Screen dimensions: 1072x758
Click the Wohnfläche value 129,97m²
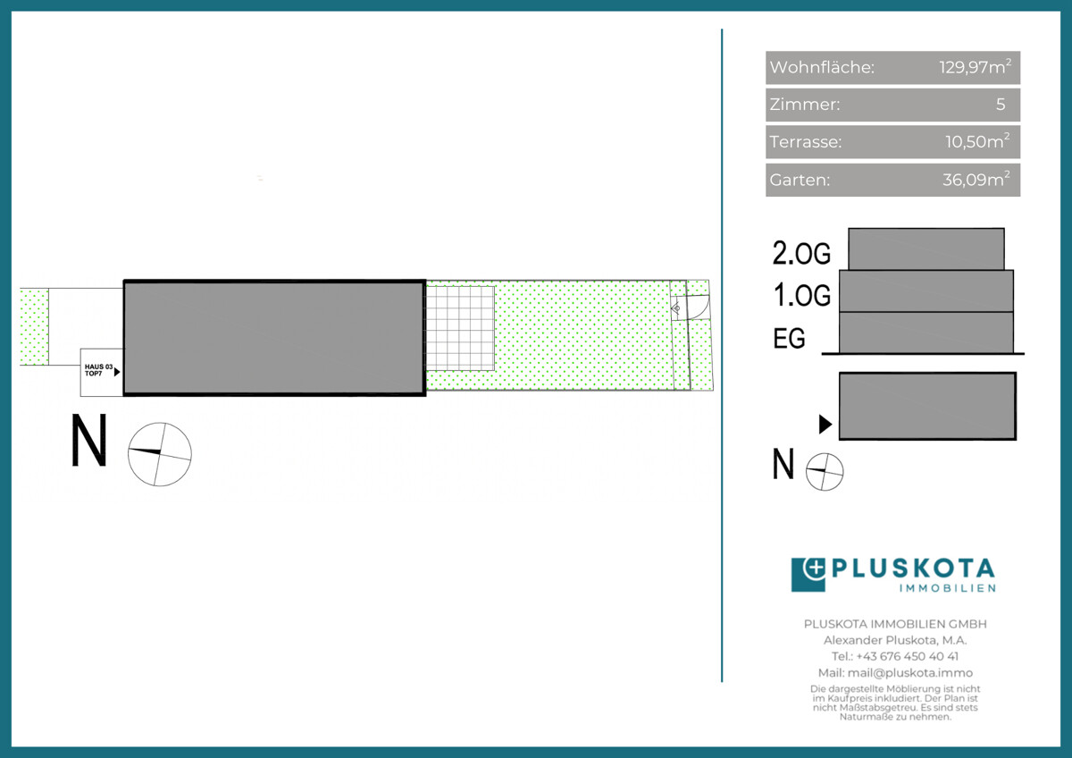click(x=975, y=66)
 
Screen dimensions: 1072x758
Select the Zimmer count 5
click(x=1001, y=104)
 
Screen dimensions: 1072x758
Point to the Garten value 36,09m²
click(x=976, y=179)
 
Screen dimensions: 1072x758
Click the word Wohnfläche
click(x=822, y=67)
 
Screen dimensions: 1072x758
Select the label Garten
click(x=800, y=180)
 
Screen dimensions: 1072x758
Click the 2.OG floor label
click(x=801, y=253)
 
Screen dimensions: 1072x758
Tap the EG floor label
click(x=789, y=338)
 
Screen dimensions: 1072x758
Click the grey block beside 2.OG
click(x=926, y=249)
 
